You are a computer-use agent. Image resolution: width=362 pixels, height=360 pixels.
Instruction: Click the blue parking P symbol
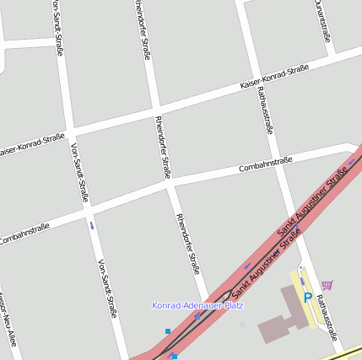click(x=308, y=297)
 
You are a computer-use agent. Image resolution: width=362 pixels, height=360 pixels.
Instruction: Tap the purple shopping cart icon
click(x=327, y=285)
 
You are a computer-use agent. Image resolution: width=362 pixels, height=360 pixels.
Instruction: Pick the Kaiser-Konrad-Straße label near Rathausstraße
click(x=273, y=77)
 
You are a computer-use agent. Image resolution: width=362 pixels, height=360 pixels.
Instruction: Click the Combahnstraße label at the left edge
click(x=24, y=234)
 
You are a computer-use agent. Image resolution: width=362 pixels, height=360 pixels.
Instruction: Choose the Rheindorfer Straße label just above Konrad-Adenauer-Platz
click(x=188, y=244)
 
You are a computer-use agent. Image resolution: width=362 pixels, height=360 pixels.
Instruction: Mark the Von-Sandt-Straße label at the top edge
click(x=57, y=27)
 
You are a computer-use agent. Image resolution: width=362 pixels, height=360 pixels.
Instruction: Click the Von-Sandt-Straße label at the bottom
click(x=107, y=287)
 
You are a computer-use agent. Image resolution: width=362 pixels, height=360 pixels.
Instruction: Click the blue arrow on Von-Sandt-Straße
click(x=91, y=225)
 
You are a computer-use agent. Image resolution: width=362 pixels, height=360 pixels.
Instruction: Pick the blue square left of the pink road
click(x=168, y=331)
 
